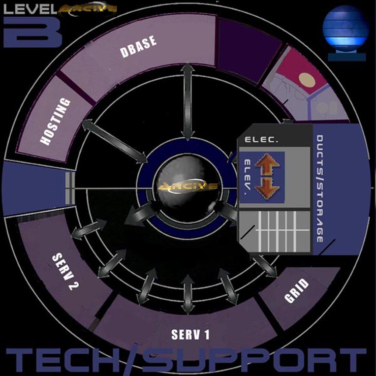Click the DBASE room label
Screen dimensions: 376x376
138,47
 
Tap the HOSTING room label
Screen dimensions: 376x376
55,121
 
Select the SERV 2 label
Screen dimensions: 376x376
65,271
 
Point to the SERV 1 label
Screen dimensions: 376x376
191,334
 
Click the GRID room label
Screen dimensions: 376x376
297,291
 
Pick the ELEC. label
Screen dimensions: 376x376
261,140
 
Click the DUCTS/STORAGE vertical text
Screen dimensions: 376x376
320,189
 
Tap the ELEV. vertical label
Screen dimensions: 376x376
247,175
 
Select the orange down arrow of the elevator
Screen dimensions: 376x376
267,188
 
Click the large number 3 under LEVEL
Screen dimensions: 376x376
33,32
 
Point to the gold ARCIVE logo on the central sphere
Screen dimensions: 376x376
188,186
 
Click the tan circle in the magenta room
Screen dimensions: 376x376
307,80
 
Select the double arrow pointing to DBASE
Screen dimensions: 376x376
187,102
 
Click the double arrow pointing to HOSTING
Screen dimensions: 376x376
115,141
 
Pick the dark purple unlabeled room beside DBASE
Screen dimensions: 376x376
249,50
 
